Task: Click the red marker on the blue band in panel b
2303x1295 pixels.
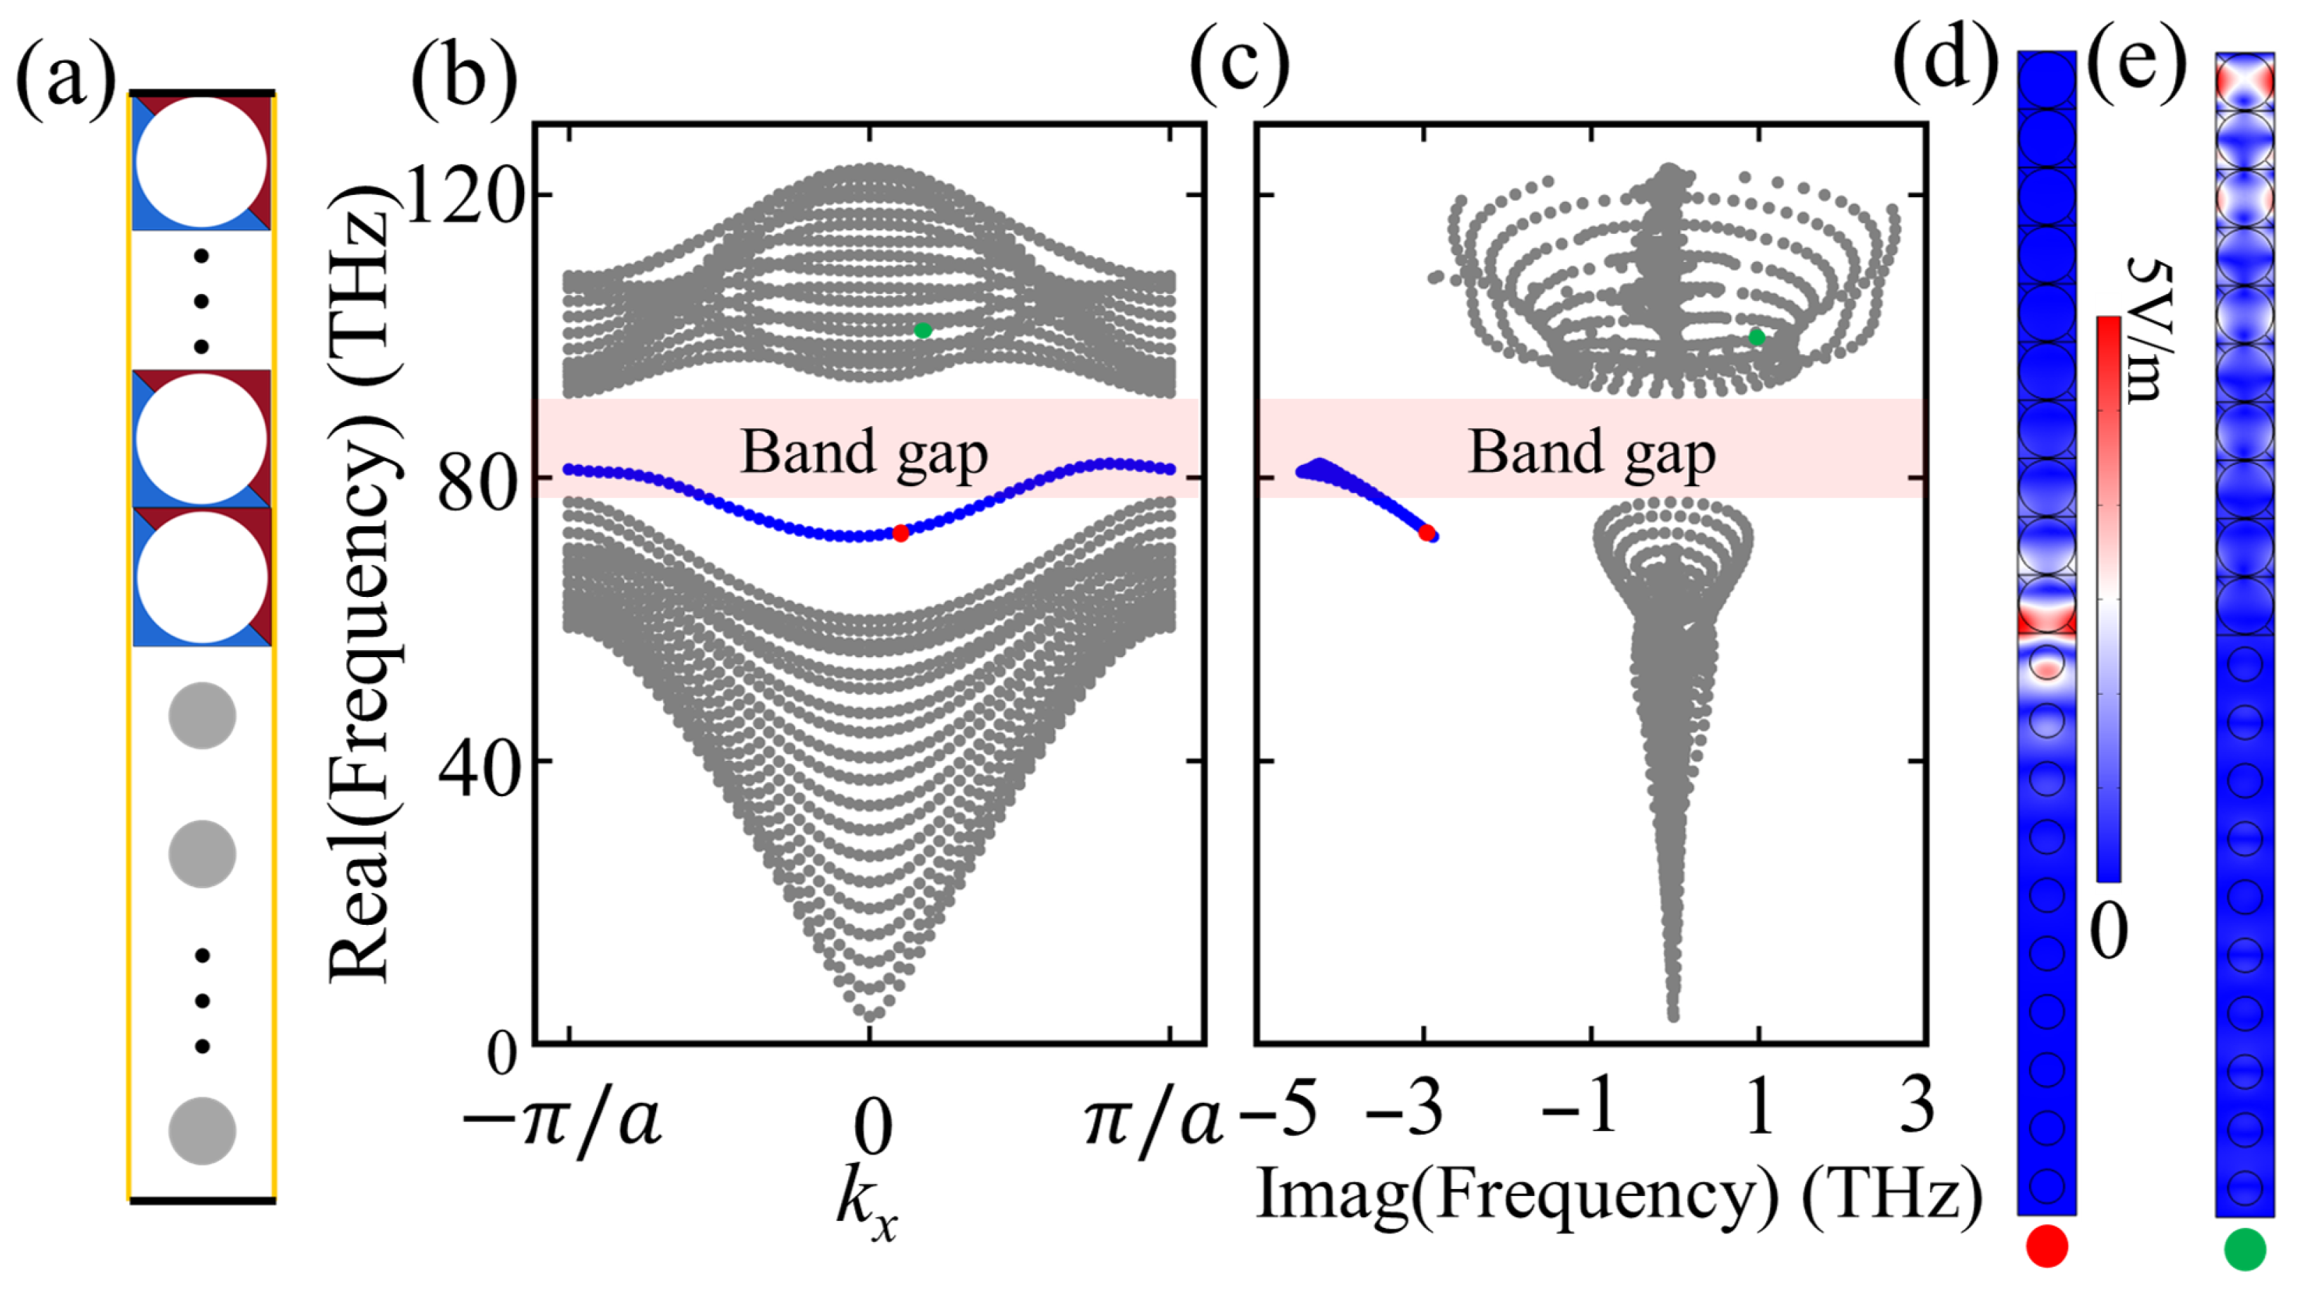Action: tap(900, 533)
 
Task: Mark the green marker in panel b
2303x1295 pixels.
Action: tap(922, 330)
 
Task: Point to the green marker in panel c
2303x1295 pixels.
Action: tap(1757, 337)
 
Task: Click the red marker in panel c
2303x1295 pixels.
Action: tap(1427, 533)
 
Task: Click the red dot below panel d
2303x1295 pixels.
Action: tap(2047, 1246)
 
